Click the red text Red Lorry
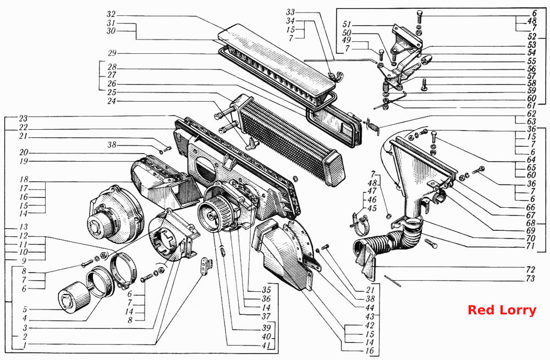tap(502, 310)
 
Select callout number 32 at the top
tap(111, 14)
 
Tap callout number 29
tap(112, 53)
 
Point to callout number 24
tap(111, 101)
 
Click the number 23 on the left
tap(23, 119)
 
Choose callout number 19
tap(24, 161)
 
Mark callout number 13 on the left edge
tap(24, 227)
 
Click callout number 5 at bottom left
tap(25, 309)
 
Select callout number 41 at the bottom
tap(267, 345)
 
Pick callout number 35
tap(267, 290)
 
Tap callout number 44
tap(370, 308)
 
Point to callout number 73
tap(530, 278)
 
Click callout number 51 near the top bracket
tap(346, 25)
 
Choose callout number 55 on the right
tap(532, 61)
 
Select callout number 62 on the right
tap(532, 114)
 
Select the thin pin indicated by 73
tap(392, 281)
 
